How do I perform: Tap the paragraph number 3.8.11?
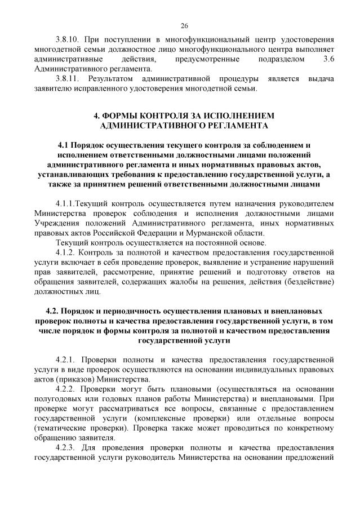coord(68,78)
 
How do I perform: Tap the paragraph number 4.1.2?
coord(67,253)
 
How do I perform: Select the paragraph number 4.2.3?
coord(67,448)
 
